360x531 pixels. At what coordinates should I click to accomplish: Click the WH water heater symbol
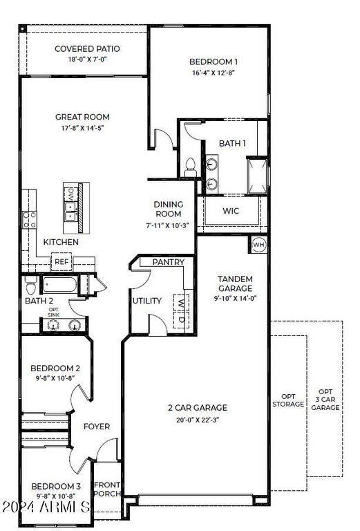pos(258,244)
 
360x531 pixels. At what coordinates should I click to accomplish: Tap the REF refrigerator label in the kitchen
pos(62,262)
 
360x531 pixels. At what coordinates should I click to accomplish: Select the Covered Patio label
pos(88,49)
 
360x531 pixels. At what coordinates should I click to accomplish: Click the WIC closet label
pos(231,211)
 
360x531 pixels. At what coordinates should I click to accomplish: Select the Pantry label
pos(168,262)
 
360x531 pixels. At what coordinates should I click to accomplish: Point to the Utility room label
pos(146,301)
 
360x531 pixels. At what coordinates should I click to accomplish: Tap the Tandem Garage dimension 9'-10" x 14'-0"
pos(236,299)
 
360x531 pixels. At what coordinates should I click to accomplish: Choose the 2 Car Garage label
pos(198,408)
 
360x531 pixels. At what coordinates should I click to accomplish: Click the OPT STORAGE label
pos(288,400)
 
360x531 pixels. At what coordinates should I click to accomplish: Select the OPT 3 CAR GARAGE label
pos(325,400)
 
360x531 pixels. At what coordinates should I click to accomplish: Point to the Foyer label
pos(97,427)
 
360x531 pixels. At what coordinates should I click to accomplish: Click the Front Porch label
pos(107,490)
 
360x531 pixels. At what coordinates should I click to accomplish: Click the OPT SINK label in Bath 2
pos(53,312)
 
